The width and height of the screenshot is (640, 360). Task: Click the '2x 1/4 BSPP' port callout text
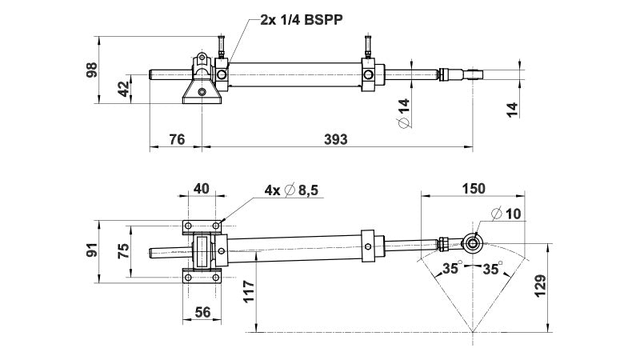[x=302, y=20]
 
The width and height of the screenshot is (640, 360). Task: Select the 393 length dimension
[x=336, y=139]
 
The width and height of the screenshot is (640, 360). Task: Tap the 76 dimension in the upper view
[x=177, y=139]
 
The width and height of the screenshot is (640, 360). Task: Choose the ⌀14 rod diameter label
[x=403, y=113]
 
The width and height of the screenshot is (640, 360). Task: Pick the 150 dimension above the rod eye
[x=473, y=189]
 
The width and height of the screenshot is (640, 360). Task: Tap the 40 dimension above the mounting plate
[x=201, y=189]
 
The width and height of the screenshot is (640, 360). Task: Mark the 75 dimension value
[x=122, y=250]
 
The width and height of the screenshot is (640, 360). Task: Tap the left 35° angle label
[x=454, y=269]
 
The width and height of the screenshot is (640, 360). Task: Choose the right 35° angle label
[x=493, y=269]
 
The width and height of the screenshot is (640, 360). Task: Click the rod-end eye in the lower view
[x=474, y=242]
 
